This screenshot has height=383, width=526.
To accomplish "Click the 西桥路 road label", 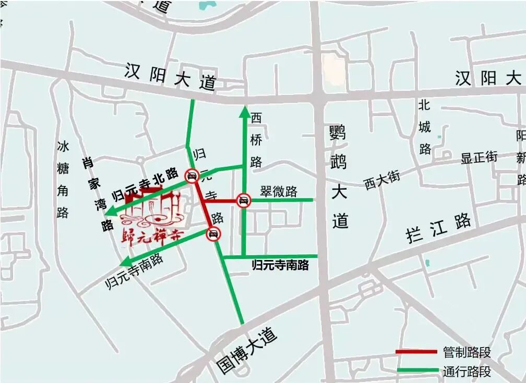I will coord(256,139).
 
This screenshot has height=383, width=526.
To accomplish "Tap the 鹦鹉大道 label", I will coord(339,177).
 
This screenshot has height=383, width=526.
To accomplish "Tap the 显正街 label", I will coord(479,157).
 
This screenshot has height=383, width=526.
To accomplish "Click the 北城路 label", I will coord(425,127).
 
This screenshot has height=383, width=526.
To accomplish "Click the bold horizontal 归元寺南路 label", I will coord(280,265).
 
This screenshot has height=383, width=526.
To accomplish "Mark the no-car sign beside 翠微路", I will coord(243,200).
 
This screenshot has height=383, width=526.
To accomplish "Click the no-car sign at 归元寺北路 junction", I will coord(192,176).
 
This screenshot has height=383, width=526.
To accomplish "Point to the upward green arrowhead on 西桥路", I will coord(244,110).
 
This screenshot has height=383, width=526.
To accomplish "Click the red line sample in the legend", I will coord(416,352).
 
